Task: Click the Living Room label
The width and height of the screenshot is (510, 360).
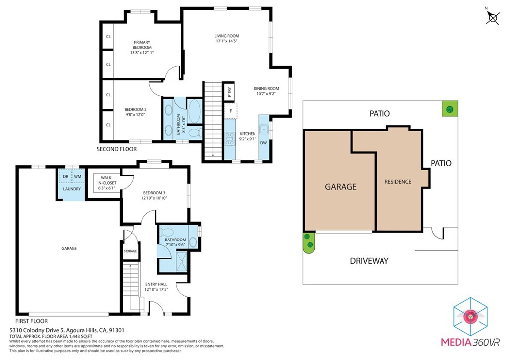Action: coord(227,38)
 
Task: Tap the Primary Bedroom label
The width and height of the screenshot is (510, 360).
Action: coord(142,47)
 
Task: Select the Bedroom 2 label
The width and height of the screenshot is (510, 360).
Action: coord(135,112)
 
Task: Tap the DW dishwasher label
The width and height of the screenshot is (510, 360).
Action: coord(264,143)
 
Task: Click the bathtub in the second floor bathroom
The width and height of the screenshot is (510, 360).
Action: coord(194,111)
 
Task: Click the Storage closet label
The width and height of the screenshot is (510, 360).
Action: coord(130,251)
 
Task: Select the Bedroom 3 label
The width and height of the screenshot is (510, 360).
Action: coord(154,195)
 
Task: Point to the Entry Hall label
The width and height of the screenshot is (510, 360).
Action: coord(156,286)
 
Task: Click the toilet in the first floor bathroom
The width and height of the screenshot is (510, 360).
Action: coord(168,232)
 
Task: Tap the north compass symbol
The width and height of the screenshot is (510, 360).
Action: coord(493,17)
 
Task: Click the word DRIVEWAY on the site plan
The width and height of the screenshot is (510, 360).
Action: coord(369,261)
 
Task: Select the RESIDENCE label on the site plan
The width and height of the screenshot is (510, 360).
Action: coord(398,182)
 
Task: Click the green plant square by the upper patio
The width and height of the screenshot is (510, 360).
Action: coord(450,109)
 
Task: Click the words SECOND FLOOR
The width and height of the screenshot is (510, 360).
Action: coord(117,149)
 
